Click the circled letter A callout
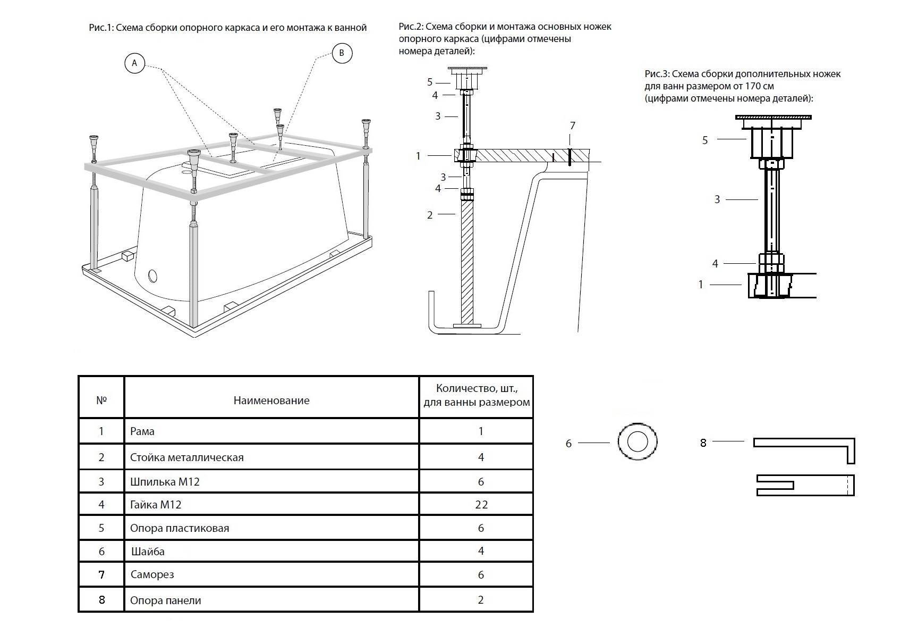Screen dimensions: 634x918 click(134, 63)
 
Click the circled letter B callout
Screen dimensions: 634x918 click(342, 53)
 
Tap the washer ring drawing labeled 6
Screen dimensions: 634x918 click(637, 441)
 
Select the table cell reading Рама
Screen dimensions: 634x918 click(142, 431)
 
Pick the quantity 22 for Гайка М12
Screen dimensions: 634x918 click(481, 504)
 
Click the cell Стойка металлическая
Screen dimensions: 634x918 click(186, 457)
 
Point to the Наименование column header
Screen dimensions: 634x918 click(271, 401)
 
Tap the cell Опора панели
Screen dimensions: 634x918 click(166, 600)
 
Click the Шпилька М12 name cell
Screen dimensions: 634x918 click(165, 482)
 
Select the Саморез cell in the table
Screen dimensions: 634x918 click(152, 574)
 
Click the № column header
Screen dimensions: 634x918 click(101, 400)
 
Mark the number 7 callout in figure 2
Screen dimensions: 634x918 click(572, 126)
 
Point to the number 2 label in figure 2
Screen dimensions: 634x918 click(430, 215)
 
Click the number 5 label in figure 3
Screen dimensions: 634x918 click(705, 140)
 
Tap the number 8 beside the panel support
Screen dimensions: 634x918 click(703, 443)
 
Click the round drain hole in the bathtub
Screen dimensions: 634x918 click(153, 276)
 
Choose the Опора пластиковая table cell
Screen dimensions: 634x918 click(180, 528)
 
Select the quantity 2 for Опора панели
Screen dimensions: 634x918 click(481, 600)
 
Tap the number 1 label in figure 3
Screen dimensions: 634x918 click(701, 285)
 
